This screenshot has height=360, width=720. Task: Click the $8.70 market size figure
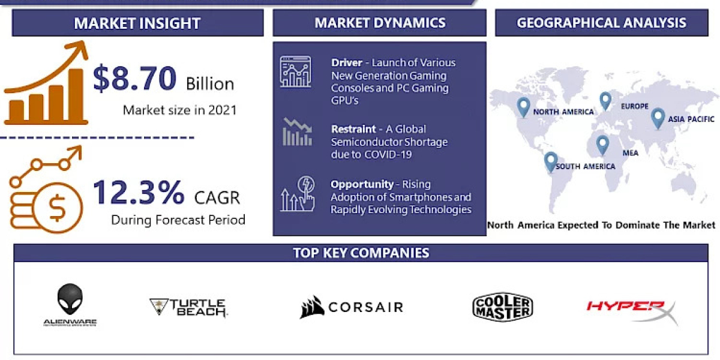coord(135,79)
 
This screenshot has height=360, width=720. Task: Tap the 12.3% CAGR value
coord(139,193)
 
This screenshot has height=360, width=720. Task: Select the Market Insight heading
coord(137,23)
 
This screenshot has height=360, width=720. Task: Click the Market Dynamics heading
coord(380,23)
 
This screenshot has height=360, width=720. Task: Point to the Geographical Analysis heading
coord(601,23)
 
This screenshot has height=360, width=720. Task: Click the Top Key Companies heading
coord(361,253)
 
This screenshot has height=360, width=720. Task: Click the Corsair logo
coord(352,308)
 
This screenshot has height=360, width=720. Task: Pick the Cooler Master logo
coord(502,307)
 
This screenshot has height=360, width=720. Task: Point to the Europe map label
coord(634,106)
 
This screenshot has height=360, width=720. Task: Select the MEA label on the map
coord(630,152)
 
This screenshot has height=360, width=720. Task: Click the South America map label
coord(585,166)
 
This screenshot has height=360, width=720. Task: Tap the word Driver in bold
coord(346,62)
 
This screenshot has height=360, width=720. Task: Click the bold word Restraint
coord(353,129)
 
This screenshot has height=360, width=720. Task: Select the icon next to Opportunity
coord(296,194)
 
